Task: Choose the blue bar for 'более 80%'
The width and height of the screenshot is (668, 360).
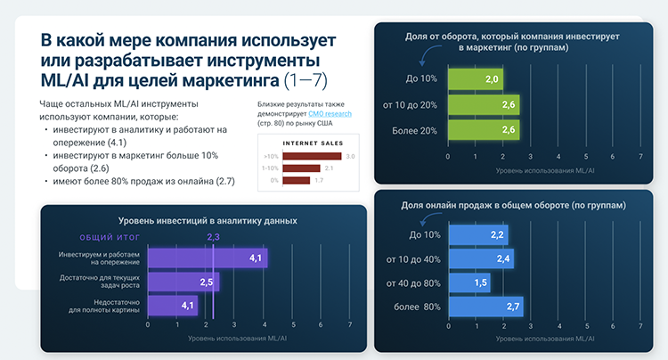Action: pyautogui.click(x=485, y=307)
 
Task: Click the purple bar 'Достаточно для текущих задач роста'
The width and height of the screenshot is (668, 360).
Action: pyautogui.click(x=183, y=282)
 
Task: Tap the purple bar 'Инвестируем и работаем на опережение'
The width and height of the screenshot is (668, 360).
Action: pyautogui.click(x=207, y=258)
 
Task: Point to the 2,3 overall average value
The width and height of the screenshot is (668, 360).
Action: pyautogui.click(x=214, y=237)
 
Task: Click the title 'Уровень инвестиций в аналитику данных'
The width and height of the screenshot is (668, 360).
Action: pyautogui.click(x=208, y=219)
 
